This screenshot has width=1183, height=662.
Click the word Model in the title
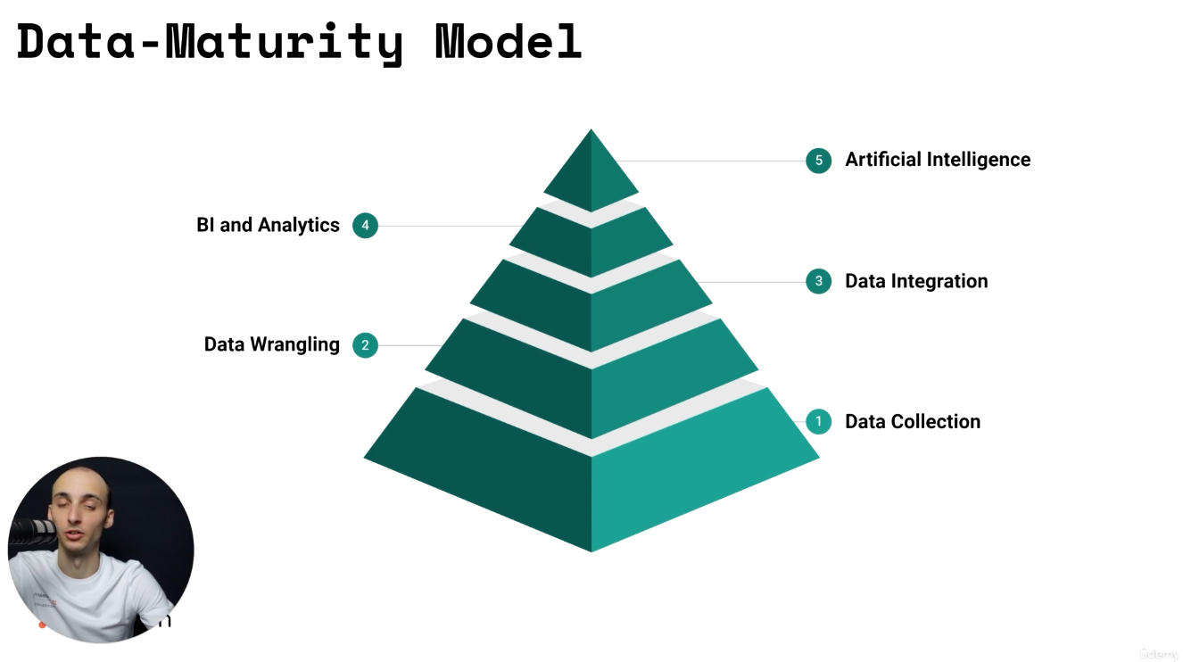click(x=509, y=41)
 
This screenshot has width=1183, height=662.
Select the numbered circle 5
click(x=818, y=161)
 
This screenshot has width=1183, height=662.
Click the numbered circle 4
click(x=365, y=226)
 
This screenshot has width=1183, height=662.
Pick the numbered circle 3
click(x=818, y=282)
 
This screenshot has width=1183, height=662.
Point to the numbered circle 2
click(x=365, y=345)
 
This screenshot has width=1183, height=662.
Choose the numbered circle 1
click(x=818, y=421)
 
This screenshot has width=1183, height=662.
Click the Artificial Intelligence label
click(x=938, y=160)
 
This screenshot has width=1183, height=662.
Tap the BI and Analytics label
click(x=268, y=225)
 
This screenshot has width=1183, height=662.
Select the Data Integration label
click(x=916, y=281)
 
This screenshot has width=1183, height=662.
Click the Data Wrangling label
click(x=271, y=344)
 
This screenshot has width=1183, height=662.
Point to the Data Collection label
click(x=912, y=421)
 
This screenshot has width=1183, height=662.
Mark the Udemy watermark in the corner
click(x=1159, y=653)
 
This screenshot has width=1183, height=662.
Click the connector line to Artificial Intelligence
click(x=714, y=161)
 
